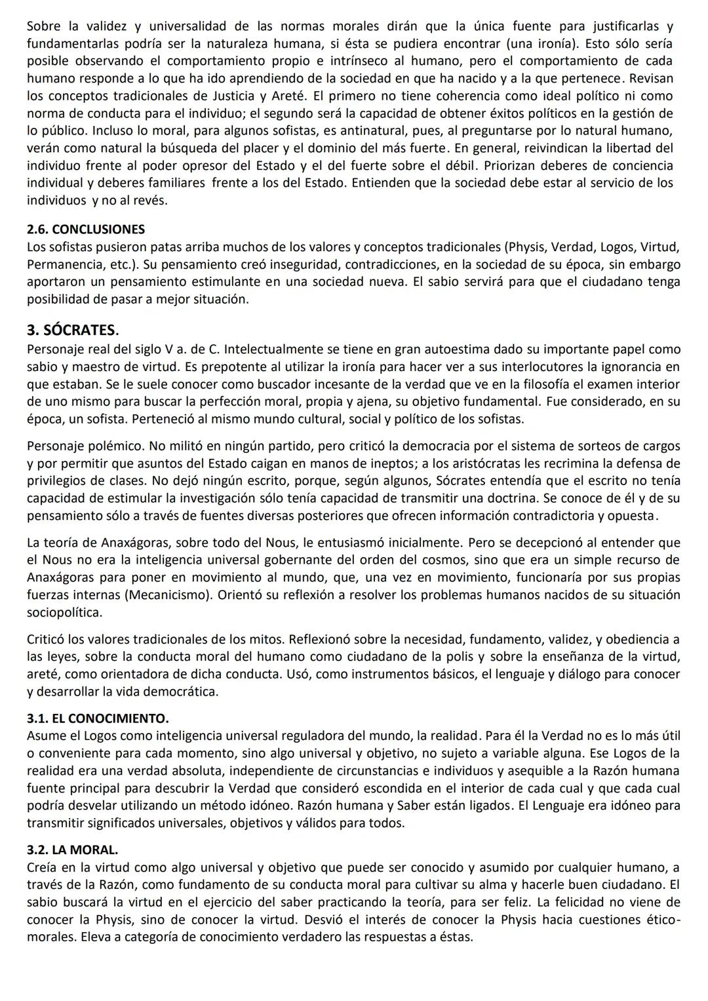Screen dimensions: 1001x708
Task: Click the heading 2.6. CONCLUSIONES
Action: pyautogui.click(x=86, y=229)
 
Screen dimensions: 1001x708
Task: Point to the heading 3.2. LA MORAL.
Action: pyautogui.click(x=72, y=850)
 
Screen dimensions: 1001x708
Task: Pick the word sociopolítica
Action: pyautogui.click(x=64, y=613)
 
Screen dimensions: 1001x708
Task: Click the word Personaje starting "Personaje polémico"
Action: pyautogui.click(x=54, y=446)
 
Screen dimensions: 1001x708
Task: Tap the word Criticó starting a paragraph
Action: pyautogui.click(x=46, y=638)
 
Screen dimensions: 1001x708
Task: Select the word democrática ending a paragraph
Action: pyautogui.click(x=181, y=692)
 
